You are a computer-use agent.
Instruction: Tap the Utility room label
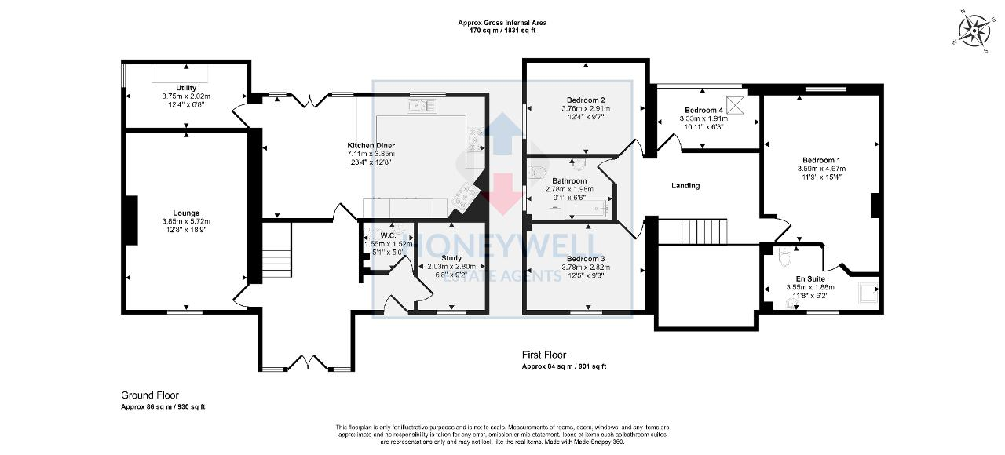coord(186,88)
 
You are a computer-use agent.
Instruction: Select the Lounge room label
coord(186,213)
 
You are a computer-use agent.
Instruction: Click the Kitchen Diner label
coord(371,146)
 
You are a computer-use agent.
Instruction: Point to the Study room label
coord(451,257)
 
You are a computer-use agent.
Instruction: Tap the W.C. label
coord(388,235)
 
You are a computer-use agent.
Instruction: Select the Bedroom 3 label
coord(586,259)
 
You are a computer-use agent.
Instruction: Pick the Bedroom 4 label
coord(703,110)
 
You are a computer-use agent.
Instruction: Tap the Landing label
coord(685,186)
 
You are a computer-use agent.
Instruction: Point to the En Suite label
coord(811,278)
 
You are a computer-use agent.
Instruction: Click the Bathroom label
coord(569,180)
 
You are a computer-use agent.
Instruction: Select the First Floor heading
coord(544,355)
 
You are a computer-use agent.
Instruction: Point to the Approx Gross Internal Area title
coord(502,23)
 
